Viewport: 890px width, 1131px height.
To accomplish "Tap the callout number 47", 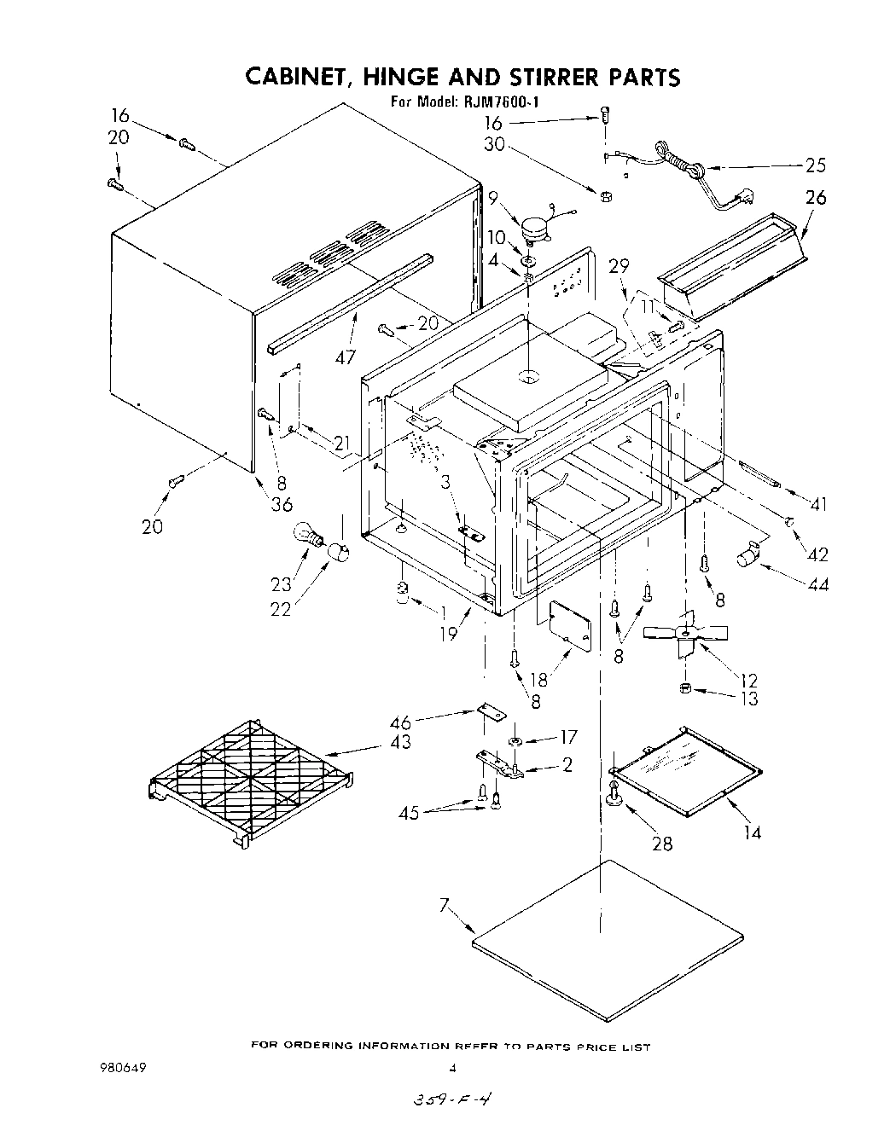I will pos(345,357).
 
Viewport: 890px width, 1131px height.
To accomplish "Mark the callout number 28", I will pos(661,844).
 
